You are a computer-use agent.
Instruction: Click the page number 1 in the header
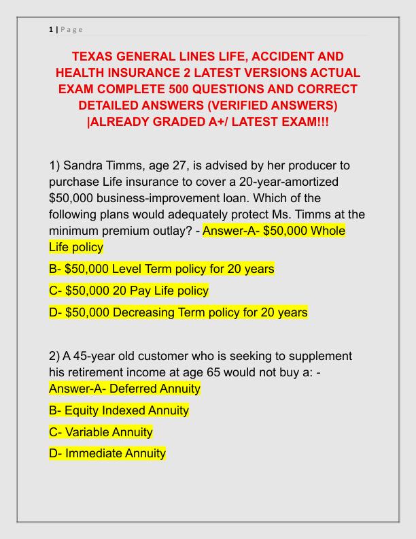point(51,29)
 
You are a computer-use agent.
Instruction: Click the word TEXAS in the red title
point(94,56)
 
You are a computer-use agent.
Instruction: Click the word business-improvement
point(157,199)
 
